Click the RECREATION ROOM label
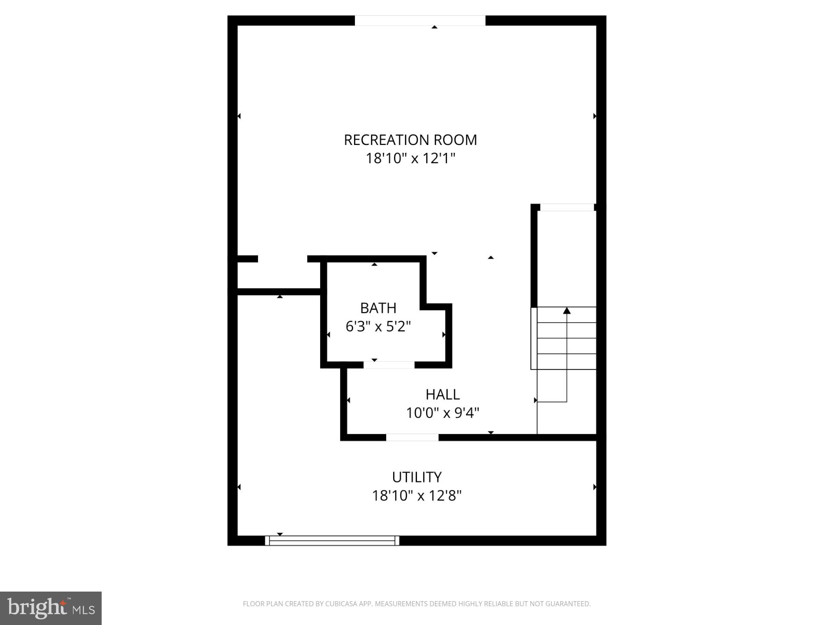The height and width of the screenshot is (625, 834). (x=410, y=140)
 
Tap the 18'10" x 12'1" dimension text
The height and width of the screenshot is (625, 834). (x=410, y=158)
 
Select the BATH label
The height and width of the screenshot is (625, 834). (x=378, y=308)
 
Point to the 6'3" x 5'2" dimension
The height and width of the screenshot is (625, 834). (x=378, y=326)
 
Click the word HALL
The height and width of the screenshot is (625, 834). (x=442, y=394)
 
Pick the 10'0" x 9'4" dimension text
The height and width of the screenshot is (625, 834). (x=442, y=413)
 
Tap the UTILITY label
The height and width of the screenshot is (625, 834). (x=417, y=477)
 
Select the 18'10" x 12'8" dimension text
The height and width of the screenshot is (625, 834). (x=417, y=496)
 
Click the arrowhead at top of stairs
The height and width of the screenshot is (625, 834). (x=566, y=310)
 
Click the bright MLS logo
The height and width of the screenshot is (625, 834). (x=51, y=608)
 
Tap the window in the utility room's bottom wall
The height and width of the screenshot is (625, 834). (x=332, y=540)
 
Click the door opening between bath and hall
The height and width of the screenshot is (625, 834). (x=389, y=365)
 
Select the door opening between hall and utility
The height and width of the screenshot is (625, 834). (x=412, y=437)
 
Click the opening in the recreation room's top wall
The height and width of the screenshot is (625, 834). (x=420, y=20)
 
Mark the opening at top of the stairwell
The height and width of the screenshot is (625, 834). (x=566, y=207)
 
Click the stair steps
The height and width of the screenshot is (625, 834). (x=566, y=338)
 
